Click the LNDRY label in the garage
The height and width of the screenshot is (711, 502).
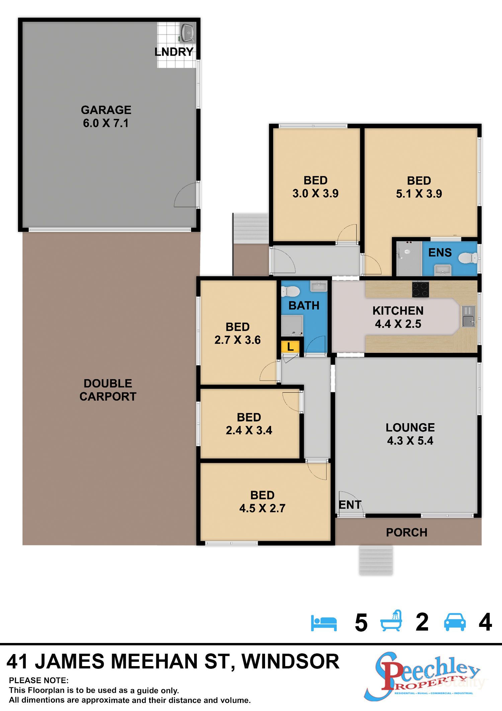[x=174, y=52]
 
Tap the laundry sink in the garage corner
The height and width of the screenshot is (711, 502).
[x=188, y=33]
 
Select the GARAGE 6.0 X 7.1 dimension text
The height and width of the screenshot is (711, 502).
[x=106, y=123]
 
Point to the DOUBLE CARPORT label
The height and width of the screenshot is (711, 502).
[x=108, y=390]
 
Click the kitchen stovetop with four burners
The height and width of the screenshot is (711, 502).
[x=420, y=290]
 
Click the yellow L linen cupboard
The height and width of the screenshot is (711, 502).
[x=290, y=346]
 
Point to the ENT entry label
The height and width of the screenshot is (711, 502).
[x=350, y=505]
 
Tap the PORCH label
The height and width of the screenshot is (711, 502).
[x=407, y=532]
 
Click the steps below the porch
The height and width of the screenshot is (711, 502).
[x=376, y=560]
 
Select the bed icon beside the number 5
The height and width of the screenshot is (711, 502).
[x=324, y=623]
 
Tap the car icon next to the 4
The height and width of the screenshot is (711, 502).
[x=454, y=622]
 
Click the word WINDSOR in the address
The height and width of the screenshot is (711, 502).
[x=290, y=662]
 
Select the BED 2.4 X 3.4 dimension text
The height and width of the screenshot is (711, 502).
[x=249, y=430]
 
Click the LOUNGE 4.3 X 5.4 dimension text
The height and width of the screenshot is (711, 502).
[x=410, y=440]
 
